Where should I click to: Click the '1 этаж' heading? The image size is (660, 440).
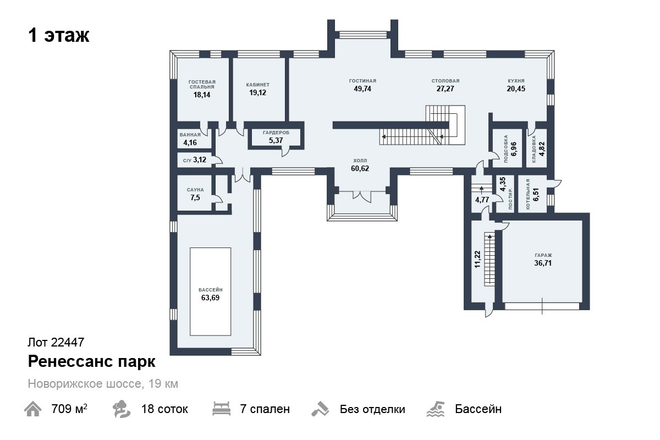coord(59,35)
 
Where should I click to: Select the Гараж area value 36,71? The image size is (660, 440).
coord(543,263)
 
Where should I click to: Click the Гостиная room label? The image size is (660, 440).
coord(362,81)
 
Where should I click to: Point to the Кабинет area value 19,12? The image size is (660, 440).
coord(257,92)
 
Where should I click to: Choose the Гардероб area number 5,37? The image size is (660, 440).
coord(276,140)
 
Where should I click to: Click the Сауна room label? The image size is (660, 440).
coord(195,190)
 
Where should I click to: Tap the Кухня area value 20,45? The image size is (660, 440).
coord(516,89)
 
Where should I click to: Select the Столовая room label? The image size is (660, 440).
coord(445,81)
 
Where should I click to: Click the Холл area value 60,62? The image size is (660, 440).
coord(360,168)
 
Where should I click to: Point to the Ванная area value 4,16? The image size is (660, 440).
coord(190,142)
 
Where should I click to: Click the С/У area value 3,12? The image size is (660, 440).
coord(200,159)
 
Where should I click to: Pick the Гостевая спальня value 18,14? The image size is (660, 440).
coord(202,95)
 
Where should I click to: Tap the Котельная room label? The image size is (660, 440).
coord(527,194)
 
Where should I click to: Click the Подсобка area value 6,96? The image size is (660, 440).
coord(514,149)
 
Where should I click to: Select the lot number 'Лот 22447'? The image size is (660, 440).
coord(56,342)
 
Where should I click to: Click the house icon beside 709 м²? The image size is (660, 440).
coord(32,409)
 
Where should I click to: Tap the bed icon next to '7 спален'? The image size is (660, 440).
coord(221,409)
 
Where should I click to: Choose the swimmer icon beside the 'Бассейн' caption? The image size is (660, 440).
coord(436,409)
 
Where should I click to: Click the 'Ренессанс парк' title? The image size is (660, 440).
coord(92,361)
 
